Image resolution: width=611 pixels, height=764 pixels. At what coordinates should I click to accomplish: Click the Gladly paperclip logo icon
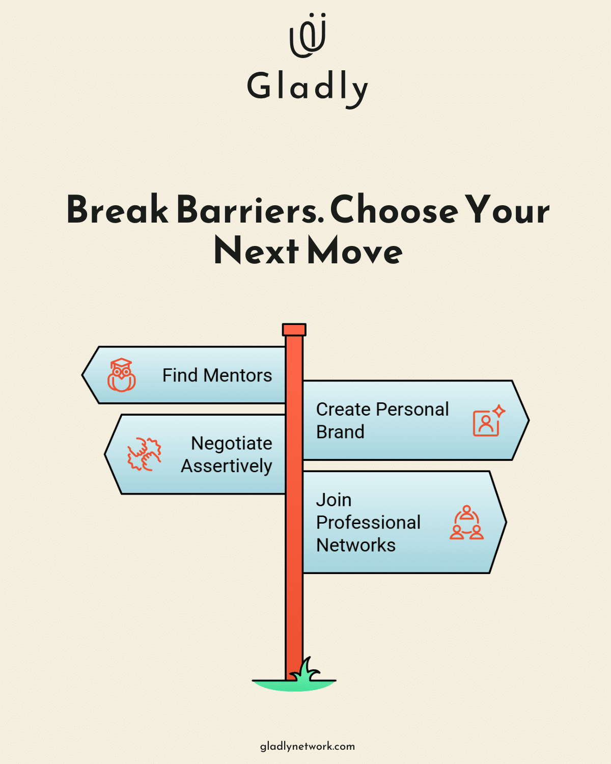(x=308, y=36)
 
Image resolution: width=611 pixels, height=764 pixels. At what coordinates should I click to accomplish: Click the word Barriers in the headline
(x=250, y=210)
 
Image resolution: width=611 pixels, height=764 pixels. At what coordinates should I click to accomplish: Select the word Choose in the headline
(x=394, y=210)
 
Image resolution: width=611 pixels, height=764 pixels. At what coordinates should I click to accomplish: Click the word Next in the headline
(x=256, y=251)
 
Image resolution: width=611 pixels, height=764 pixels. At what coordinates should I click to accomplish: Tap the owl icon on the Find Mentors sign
(x=121, y=375)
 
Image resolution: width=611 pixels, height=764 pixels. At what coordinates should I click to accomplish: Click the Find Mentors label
(x=217, y=375)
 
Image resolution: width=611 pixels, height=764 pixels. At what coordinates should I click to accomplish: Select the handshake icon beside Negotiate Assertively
(x=144, y=454)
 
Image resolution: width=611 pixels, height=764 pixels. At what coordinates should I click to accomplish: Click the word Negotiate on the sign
(x=231, y=443)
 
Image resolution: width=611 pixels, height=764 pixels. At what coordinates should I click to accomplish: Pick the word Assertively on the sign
(x=227, y=466)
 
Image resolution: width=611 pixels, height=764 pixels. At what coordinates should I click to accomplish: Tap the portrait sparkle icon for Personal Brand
(x=488, y=421)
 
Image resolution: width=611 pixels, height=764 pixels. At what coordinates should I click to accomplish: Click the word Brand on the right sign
(x=340, y=432)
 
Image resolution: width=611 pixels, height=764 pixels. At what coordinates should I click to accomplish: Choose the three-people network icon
(x=466, y=523)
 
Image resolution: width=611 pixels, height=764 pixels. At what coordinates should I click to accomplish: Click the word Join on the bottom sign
(x=334, y=500)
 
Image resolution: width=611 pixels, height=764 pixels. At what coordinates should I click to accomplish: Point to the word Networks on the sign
(x=355, y=545)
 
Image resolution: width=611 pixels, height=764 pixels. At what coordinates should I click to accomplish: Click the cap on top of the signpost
(x=294, y=330)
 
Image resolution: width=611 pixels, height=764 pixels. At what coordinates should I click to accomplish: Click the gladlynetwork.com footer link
(x=307, y=746)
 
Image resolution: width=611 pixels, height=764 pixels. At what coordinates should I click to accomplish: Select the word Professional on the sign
(x=368, y=523)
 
